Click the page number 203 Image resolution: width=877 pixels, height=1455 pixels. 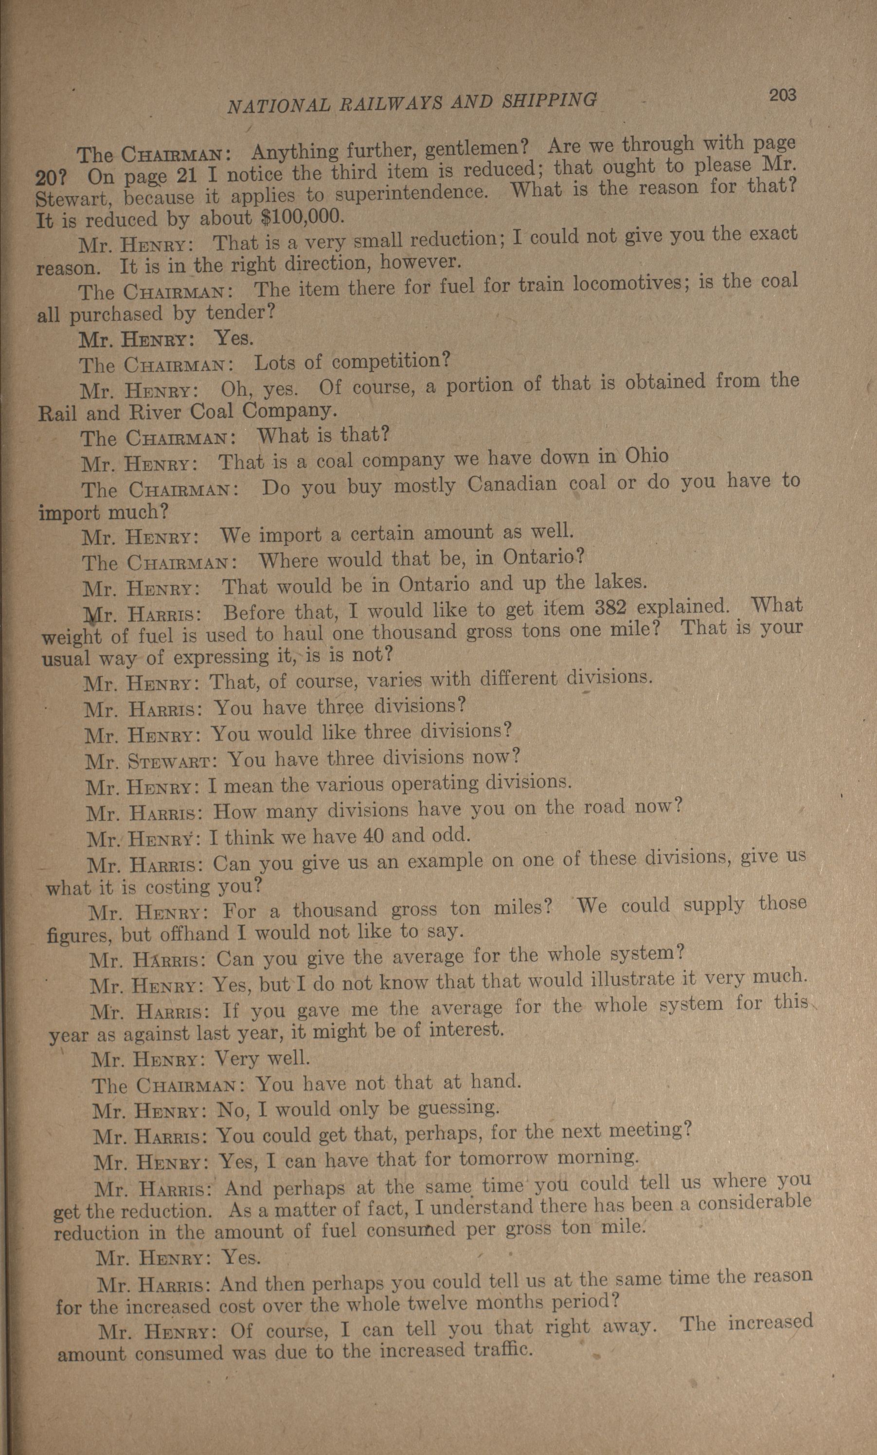click(782, 96)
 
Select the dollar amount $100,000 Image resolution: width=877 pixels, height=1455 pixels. click(301, 217)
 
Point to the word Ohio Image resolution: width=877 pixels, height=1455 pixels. click(647, 456)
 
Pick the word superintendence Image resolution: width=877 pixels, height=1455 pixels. click(410, 193)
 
